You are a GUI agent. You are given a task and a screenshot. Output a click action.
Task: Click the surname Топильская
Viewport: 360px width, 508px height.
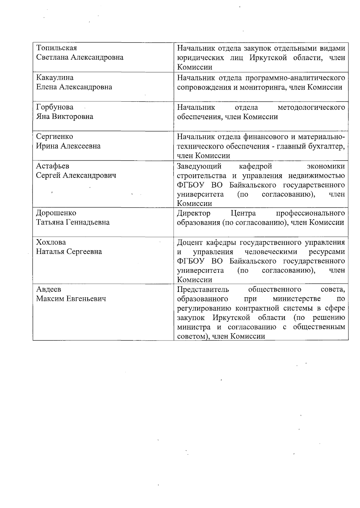(56, 48)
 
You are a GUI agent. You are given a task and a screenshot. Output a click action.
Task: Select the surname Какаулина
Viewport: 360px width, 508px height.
(55, 78)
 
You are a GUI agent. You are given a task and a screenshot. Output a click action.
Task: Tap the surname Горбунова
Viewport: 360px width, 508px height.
(55, 107)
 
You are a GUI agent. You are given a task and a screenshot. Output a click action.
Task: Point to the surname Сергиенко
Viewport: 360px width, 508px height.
(54, 136)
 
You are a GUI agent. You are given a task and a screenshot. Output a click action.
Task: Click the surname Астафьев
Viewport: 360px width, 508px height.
(52, 166)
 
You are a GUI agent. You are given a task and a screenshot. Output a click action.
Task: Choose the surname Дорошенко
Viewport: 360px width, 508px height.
(56, 213)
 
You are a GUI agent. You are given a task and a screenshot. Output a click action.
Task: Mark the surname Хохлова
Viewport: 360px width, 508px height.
(51, 242)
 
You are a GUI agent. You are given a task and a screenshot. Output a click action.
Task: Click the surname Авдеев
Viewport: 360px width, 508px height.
(49, 289)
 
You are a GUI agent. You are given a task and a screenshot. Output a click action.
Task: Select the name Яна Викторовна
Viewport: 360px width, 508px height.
(64, 117)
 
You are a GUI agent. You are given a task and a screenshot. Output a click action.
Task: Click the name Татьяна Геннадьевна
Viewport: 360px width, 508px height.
(73, 222)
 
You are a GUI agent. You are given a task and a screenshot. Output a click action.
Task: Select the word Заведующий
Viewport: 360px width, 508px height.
(199, 166)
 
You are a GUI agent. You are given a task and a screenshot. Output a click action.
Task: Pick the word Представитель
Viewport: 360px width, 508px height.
(203, 290)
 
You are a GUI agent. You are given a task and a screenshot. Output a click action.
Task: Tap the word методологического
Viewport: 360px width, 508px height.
(311, 107)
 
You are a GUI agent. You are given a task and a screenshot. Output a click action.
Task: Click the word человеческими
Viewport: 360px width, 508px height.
(271, 252)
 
